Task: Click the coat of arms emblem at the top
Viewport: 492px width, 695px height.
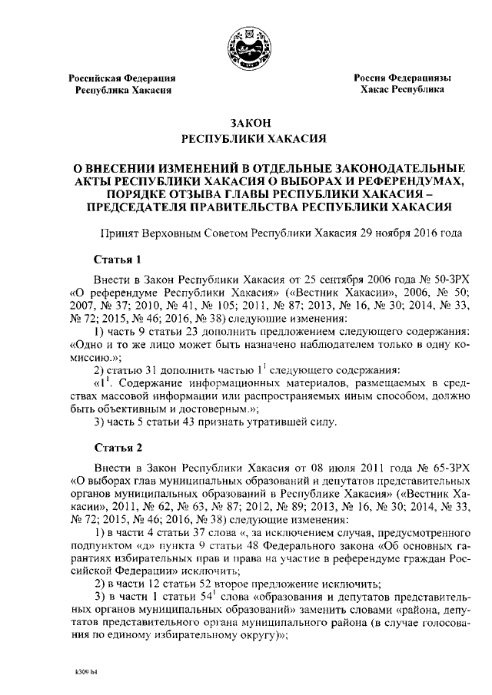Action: click(245, 45)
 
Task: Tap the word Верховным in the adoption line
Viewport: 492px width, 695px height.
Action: click(175, 233)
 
